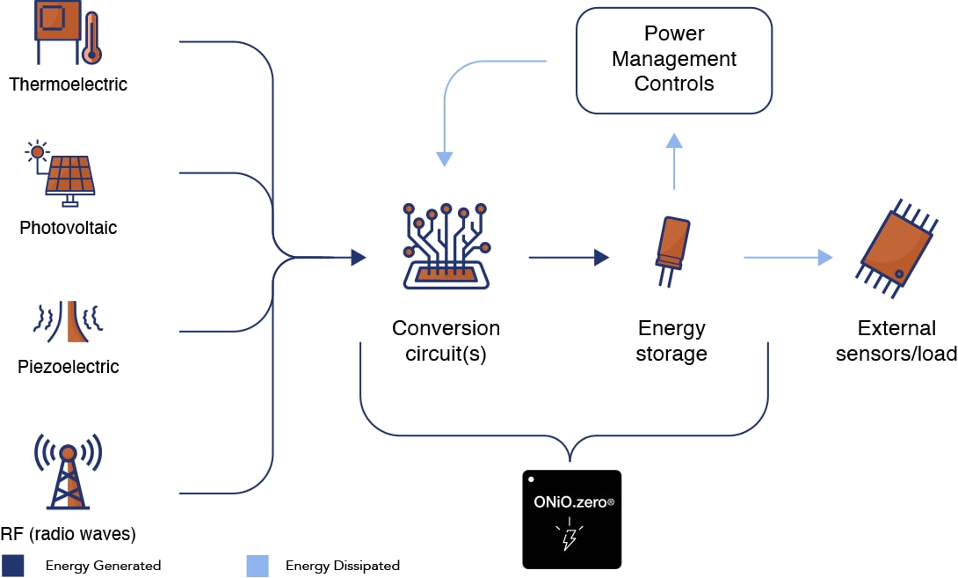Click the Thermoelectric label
click(68, 84)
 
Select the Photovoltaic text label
click(68, 228)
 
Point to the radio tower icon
click(68, 470)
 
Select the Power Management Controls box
click(673, 60)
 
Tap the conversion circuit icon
click(446, 245)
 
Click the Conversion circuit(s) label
click(446, 341)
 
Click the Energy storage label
click(672, 341)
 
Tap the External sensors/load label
click(896, 341)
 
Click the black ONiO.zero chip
click(571, 519)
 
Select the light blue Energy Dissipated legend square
click(257, 565)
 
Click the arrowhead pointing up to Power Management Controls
click(673, 141)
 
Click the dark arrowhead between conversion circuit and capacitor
click(602, 258)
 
